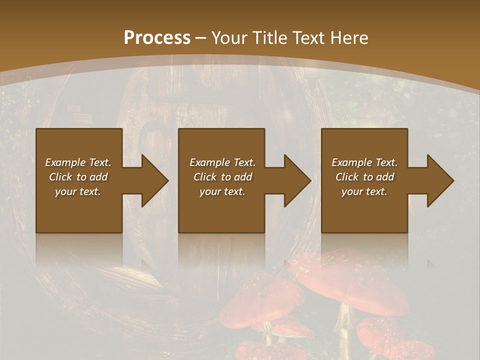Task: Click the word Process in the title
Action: [157, 38]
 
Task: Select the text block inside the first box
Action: [78, 177]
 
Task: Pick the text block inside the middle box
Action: [222, 177]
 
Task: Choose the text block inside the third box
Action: [364, 177]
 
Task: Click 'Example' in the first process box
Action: [65, 162]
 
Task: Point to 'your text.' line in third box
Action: [364, 191]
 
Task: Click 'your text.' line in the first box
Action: [78, 191]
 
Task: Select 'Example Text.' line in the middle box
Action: [222, 162]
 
